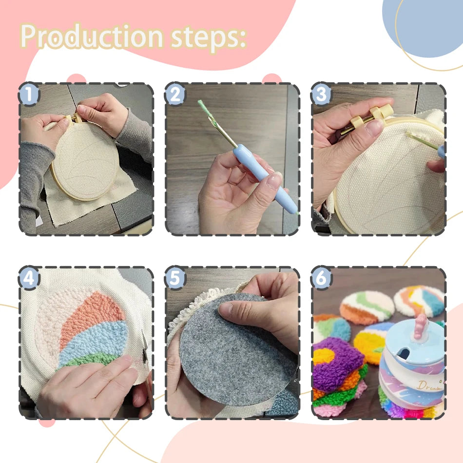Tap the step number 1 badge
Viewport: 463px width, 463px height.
29,94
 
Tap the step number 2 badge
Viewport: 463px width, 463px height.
175,94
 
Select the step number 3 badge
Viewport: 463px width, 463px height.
321,94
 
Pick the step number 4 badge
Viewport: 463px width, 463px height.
29,278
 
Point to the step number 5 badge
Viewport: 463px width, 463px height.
175,278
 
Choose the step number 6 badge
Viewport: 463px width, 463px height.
321,278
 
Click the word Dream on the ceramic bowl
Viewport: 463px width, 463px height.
429,385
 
